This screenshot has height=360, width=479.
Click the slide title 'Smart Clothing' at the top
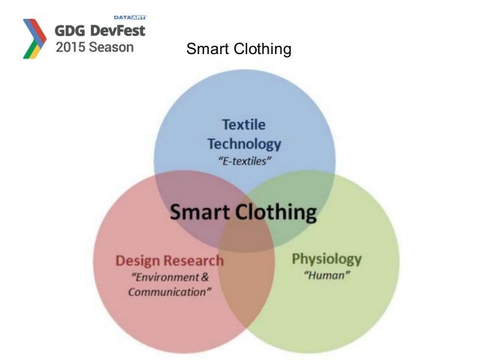pyautogui.click(x=238, y=50)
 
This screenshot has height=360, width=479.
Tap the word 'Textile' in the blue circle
pyautogui.click(x=243, y=124)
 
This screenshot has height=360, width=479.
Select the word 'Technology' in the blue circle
pyautogui.click(x=244, y=143)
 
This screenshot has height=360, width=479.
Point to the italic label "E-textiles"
pyautogui.click(x=244, y=162)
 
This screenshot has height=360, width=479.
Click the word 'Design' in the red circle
pyautogui.click(x=139, y=261)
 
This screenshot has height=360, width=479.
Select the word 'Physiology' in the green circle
pyautogui.click(x=327, y=259)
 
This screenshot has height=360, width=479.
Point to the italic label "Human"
pyautogui.click(x=327, y=276)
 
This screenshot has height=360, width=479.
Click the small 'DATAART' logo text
pyautogui.click(x=129, y=17)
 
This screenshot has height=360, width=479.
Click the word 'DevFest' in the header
pyautogui.click(x=118, y=31)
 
